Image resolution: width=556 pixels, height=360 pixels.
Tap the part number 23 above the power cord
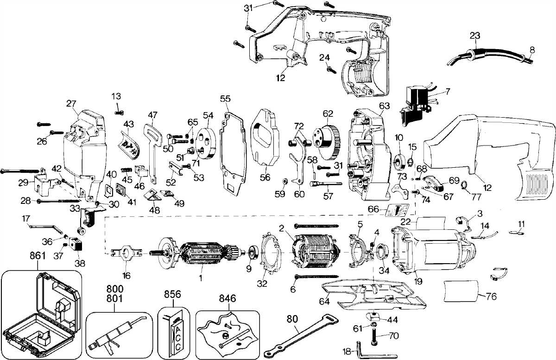point(475,35)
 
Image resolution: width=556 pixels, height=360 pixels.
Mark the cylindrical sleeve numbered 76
point(461,290)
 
